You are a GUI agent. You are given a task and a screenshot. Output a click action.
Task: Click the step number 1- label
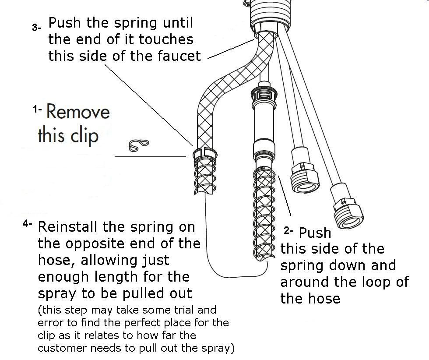point(37,110)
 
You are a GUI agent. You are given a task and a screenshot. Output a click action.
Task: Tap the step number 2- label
point(288,231)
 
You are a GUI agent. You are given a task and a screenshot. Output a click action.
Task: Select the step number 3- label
point(37,28)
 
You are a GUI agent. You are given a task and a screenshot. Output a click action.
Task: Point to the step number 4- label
point(27,224)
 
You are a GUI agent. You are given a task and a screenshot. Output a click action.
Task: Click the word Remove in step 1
point(78,112)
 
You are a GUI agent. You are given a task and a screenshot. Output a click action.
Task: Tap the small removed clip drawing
point(139,145)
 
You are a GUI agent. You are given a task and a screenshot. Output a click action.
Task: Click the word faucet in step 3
point(179,56)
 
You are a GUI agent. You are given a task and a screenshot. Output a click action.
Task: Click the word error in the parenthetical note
point(49,323)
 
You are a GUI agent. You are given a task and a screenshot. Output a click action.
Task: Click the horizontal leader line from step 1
point(150,157)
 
